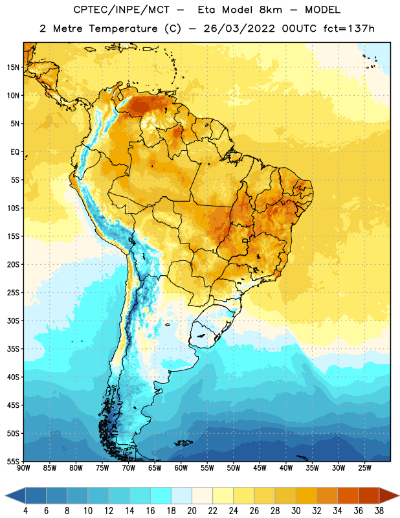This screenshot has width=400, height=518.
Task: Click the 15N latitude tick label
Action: pyautogui.click(x=13, y=67)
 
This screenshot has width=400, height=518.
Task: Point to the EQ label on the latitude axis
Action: pyautogui.click(x=15, y=152)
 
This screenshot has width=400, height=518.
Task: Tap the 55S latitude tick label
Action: pyautogui.click(x=13, y=461)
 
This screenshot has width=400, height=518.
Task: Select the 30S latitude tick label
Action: pyautogui.click(x=13, y=321)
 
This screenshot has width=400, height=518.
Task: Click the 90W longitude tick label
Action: pyautogui.click(x=23, y=467)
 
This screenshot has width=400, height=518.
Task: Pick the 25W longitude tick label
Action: pyautogui.click(x=364, y=467)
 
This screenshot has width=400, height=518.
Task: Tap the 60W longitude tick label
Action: pyautogui.click(x=181, y=467)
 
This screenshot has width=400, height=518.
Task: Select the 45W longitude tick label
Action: pyautogui.click(x=260, y=467)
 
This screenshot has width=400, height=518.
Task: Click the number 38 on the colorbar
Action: pyautogui.click(x=379, y=511)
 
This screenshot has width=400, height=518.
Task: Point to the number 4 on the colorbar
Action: pyautogui.click(x=25, y=511)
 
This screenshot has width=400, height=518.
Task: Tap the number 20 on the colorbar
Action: pyautogui.click(x=192, y=511)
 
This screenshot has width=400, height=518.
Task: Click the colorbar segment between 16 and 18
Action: pyautogui.click(x=161, y=496)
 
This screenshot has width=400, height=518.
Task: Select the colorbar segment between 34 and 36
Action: pyautogui.click(x=348, y=496)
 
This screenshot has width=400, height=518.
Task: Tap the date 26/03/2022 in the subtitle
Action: pyautogui.click(x=239, y=28)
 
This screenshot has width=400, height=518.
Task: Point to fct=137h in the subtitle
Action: pyautogui.click(x=349, y=28)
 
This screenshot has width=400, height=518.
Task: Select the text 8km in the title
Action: pyautogui.click(x=271, y=10)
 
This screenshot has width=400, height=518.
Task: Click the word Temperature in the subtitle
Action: pyautogui.click(x=123, y=28)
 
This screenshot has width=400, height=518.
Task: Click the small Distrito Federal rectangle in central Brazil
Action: pyautogui.click(x=245, y=240)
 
